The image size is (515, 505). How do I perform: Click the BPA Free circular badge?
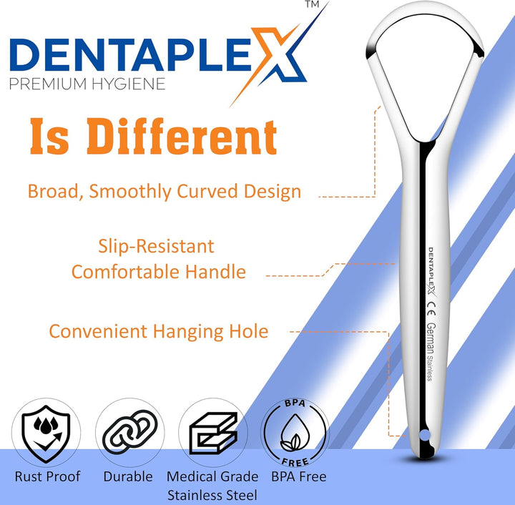294,433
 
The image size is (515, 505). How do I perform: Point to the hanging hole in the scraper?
423,434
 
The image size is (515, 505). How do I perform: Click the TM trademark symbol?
312,5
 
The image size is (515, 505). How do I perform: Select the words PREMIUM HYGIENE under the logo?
88,84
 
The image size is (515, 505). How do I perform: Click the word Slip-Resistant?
156,247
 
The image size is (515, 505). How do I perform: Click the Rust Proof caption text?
47,476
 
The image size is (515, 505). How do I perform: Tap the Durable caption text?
128,476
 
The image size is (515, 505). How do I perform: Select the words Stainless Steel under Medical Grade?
212,494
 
